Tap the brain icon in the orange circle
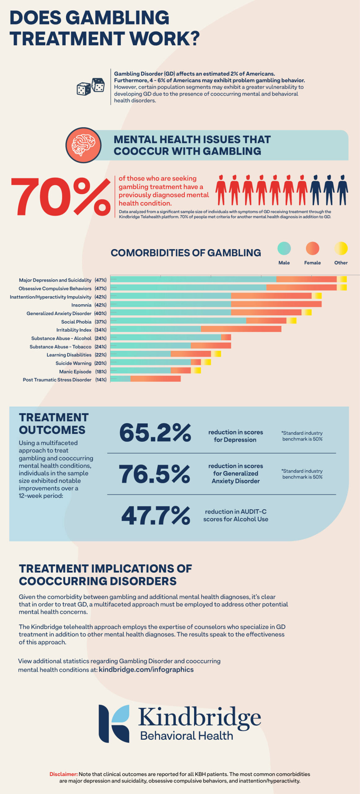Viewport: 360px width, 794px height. [x=83, y=145]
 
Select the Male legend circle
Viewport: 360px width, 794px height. [x=284, y=248]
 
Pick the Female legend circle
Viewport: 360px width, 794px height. [x=312, y=248]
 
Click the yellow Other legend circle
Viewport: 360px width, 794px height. [x=341, y=248]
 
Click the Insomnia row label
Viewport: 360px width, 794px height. [x=81, y=305]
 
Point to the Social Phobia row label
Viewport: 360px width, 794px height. [x=76, y=322]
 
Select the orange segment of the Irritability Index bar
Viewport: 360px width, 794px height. [x=241, y=329]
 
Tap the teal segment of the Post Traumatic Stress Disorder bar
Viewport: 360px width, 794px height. [x=120, y=379]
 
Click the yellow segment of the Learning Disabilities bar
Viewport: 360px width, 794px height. [x=216, y=354]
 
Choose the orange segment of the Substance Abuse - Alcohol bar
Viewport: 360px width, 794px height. [x=226, y=337]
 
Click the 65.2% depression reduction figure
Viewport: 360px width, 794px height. [x=155, y=433]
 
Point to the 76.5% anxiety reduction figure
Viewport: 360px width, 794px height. [x=154, y=474]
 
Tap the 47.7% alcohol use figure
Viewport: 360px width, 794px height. [x=156, y=515]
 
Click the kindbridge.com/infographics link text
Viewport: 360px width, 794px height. [x=146, y=670]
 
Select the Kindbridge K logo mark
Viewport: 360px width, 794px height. [x=114, y=724]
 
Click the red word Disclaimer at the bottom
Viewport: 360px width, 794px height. [x=64, y=774]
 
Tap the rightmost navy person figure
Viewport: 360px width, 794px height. [x=342, y=190]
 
